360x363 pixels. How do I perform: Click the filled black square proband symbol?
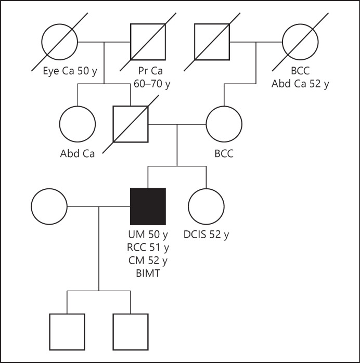click(148, 205)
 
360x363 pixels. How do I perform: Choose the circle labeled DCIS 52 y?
click(206, 205)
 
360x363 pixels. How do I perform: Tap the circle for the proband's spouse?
click(49, 205)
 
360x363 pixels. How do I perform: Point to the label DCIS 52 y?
click(206, 234)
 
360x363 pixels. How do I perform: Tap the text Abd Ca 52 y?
click(300, 83)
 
